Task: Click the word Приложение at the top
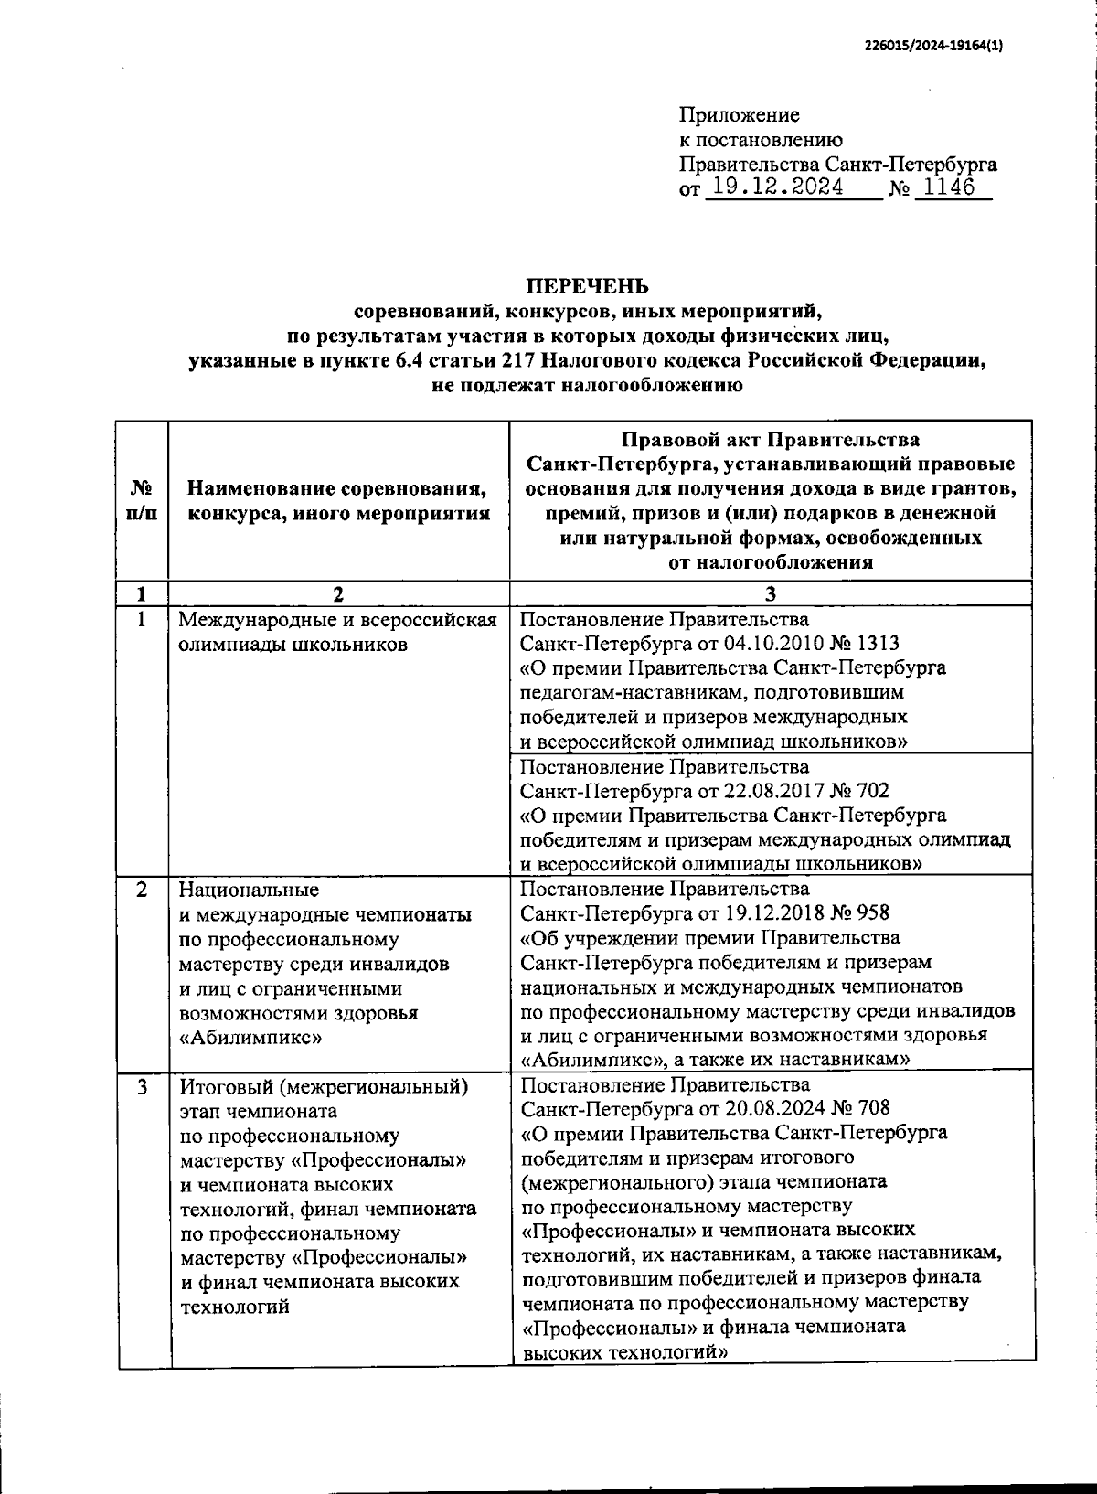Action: pyautogui.click(x=739, y=115)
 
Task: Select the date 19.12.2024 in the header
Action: pyautogui.click(x=778, y=187)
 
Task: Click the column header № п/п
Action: pyautogui.click(x=142, y=501)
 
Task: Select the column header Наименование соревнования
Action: pyautogui.click(x=338, y=489)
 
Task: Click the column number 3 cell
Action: pyautogui.click(x=770, y=594)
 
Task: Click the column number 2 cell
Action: pyautogui.click(x=338, y=594)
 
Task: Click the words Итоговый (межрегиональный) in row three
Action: pyautogui.click(x=324, y=1087)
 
